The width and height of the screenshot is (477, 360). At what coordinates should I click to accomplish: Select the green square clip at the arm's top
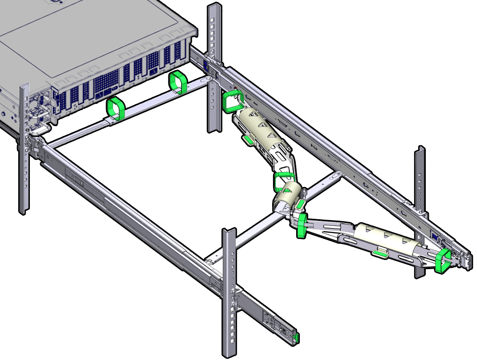[x=232, y=102]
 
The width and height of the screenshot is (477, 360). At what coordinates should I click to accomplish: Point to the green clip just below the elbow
[x=302, y=225]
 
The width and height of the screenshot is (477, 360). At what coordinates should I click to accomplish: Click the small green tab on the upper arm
[x=249, y=140]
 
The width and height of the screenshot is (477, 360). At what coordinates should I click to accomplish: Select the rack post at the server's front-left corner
[x=24, y=147]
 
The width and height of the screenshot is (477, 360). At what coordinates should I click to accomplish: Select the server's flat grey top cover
[x=89, y=40]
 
